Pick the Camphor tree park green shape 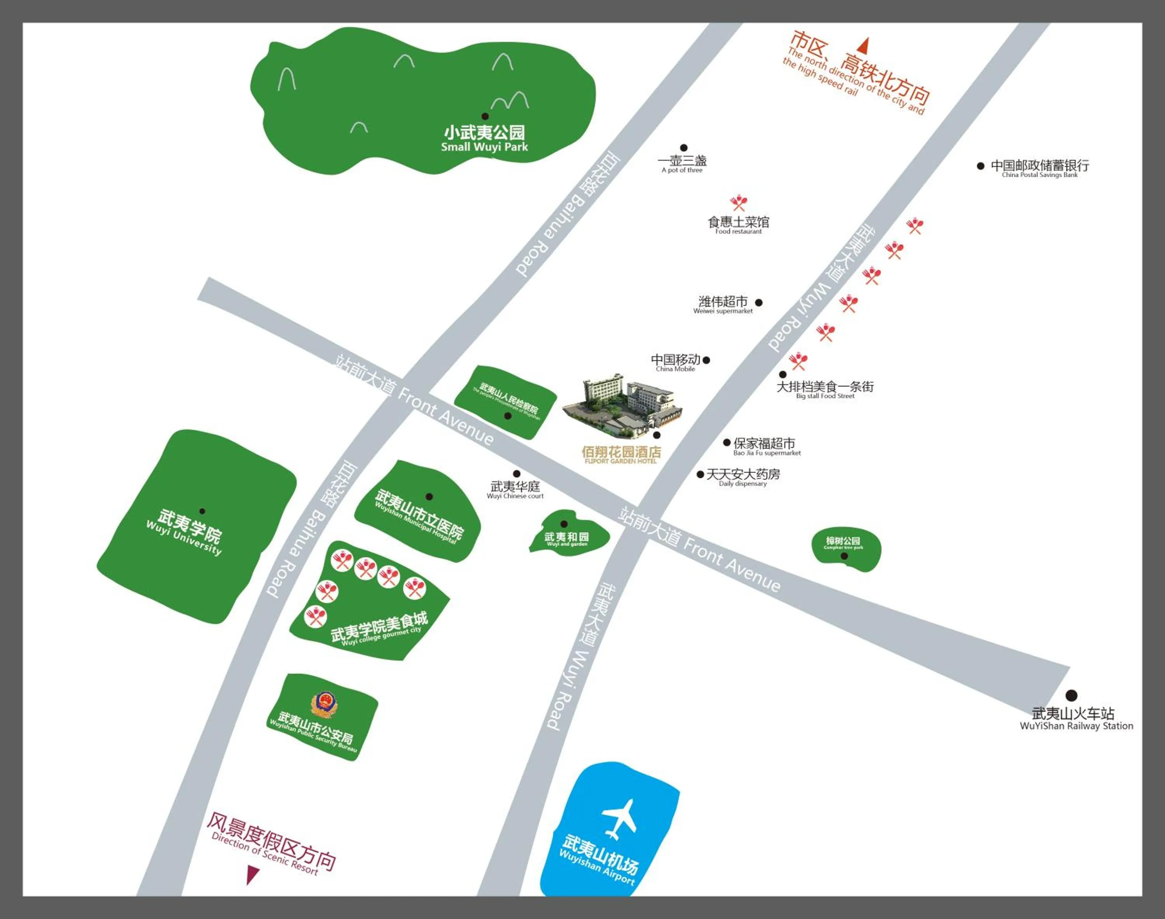coord(846,549)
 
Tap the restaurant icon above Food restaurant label coord(739,203)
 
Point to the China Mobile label coord(676,362)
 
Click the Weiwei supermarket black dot coord(758,302)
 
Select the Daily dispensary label coord(743,476)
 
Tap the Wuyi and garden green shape coord(569,533)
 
